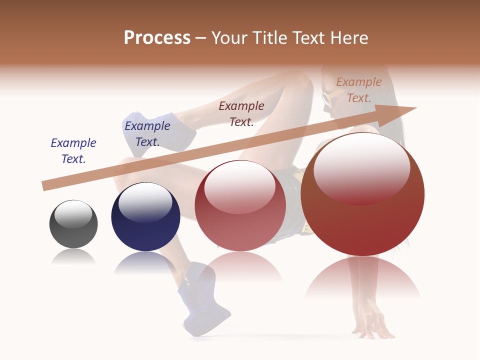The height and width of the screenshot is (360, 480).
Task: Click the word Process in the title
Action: coord(157,38)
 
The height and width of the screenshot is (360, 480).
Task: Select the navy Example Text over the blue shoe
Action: coord(147,134)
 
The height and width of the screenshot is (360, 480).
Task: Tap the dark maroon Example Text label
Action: coord(241,113)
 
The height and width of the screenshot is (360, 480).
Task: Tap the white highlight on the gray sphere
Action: coord(73,213)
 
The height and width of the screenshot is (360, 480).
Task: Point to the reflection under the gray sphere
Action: coord(73,257)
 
